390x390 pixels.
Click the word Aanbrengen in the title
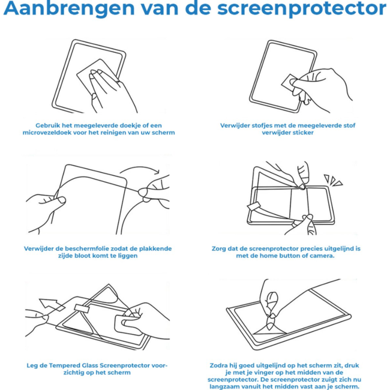69,8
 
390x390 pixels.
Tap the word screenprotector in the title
302,9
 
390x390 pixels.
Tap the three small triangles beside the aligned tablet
333,180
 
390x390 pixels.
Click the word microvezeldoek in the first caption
47,133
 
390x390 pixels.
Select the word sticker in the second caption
302,133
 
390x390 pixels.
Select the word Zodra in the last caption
218,365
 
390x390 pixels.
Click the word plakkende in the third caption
155,249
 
